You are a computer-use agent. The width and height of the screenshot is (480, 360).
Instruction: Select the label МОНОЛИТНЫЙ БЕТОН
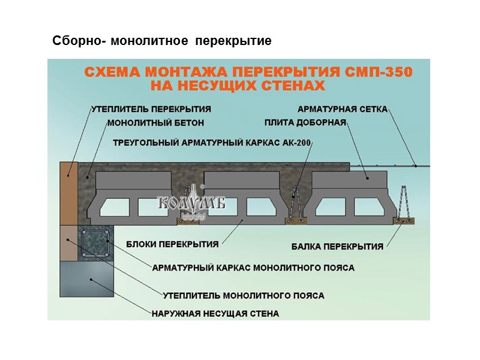155,123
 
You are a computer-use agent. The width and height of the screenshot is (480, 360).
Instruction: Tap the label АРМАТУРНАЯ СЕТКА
343,109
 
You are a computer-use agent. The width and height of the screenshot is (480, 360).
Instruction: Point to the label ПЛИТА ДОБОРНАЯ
305,123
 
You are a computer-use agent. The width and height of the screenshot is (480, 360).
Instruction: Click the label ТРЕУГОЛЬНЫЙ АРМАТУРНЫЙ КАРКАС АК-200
213,143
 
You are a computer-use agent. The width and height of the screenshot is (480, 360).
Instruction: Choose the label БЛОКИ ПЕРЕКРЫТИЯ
172,244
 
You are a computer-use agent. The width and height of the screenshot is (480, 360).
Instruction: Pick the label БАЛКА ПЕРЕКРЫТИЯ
337,246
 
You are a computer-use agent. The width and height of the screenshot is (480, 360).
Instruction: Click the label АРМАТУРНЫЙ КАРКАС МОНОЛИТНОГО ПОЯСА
253,267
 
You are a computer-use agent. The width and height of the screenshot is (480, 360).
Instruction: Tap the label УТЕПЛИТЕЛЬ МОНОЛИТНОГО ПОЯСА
244,295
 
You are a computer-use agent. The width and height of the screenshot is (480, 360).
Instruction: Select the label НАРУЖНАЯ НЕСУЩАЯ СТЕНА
215,313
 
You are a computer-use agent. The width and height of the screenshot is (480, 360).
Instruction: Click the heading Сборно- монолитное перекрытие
162,41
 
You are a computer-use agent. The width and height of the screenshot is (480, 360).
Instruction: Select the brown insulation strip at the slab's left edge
68,191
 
